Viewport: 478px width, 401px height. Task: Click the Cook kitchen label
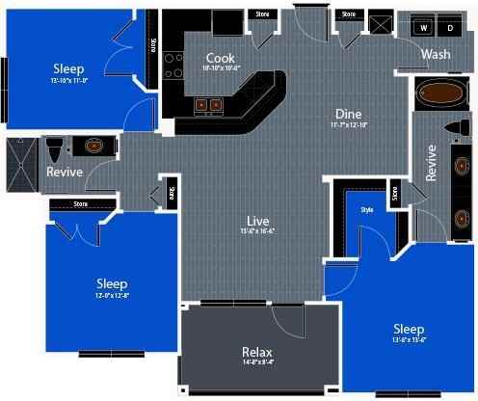click(221, 58)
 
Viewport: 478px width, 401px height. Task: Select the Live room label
click(257, 222)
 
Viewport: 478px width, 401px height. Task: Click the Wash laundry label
click(436, 54)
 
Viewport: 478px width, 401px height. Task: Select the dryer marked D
click(448, 28)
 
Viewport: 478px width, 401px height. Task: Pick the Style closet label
click(366, 209)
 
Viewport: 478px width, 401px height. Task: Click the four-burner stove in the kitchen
click(174, 65)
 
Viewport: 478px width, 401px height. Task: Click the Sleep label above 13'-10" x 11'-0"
click(68, 68)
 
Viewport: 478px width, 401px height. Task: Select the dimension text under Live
click(257, 232)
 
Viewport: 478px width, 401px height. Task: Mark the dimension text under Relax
click(257, 362)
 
